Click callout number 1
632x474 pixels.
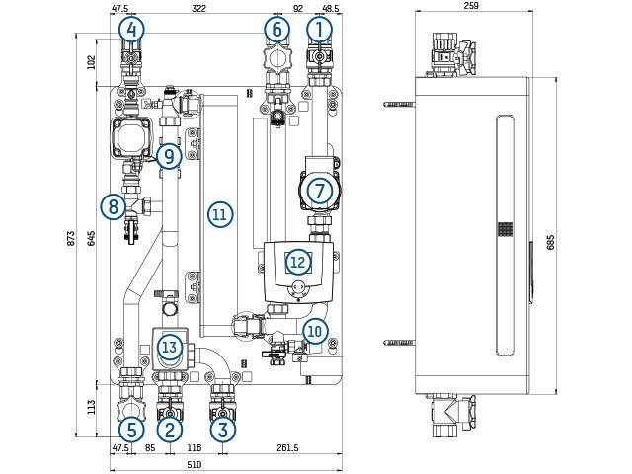click(319, 30)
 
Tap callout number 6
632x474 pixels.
click(276, 30)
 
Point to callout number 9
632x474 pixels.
click(169, 155)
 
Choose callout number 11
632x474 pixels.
click(219, 213)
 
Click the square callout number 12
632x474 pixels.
click(297, 262)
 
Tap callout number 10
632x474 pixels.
click(315, 330)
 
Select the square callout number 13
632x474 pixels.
click(170, 347)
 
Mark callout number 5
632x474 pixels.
click(129, 429)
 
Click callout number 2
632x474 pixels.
click(170, 429)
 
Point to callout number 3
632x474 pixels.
click(223, 429)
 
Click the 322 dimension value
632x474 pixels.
click(199, 8)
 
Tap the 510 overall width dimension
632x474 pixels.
click(195, 464)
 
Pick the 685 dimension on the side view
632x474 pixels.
click(550, 242)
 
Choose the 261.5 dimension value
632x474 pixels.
click(288, 448)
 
